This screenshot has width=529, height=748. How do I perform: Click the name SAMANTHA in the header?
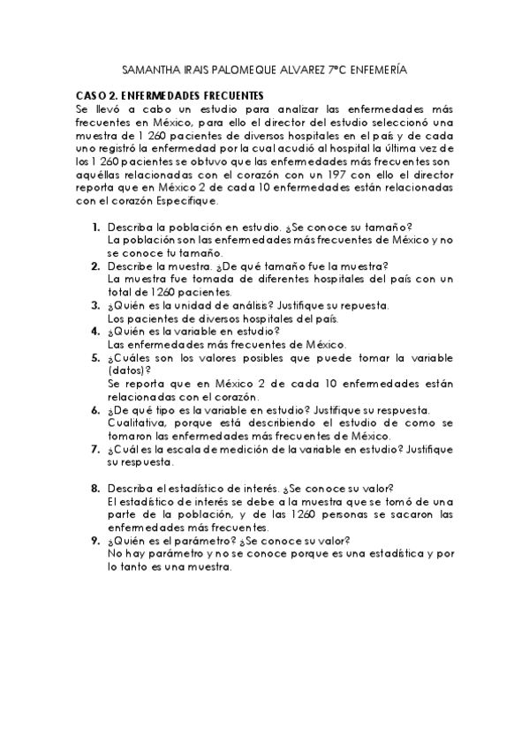[147, 69]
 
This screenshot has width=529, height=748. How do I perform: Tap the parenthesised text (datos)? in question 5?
[129, 370]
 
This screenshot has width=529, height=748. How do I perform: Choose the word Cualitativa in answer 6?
[137, 423]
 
